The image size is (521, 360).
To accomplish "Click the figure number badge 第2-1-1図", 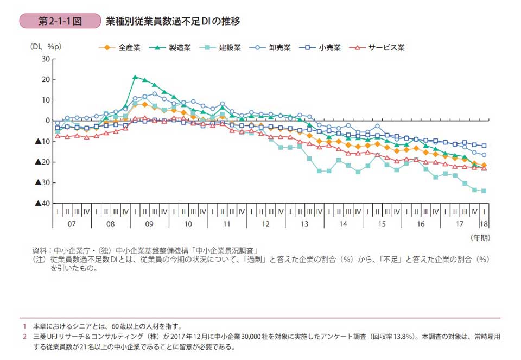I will pos(60,21).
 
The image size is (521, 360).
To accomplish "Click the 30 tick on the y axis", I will pos(46,59).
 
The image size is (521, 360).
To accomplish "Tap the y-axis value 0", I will pos(48,121).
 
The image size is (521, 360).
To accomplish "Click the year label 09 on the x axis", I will pos(149,224).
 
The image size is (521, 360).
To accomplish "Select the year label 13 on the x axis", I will pos(304,224).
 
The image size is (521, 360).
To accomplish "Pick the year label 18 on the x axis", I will pos(484,224).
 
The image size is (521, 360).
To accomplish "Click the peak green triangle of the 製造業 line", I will pos(135,77).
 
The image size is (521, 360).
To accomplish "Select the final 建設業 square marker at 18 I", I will pos(484,191).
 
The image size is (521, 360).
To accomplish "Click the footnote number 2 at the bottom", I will pos(24,337).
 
